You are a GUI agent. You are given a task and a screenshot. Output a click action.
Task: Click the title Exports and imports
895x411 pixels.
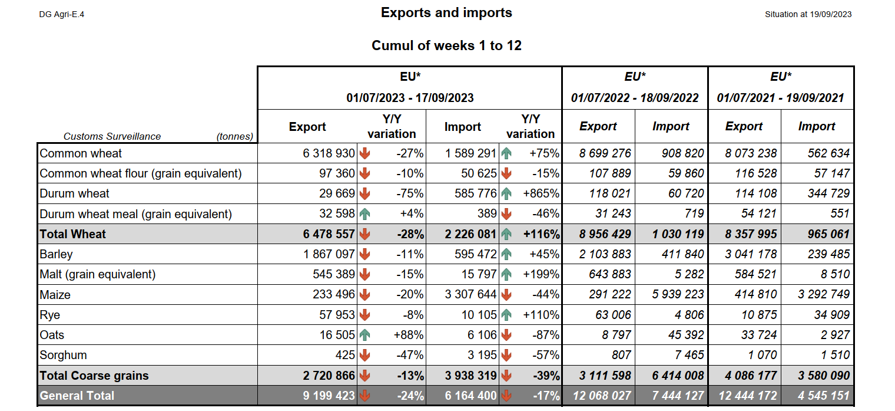[x=446, y=12]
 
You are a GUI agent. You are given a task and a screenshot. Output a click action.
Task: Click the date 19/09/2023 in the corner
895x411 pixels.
[x=830, y=14]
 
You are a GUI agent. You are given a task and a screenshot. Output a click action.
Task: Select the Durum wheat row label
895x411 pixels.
[x=74, y=193]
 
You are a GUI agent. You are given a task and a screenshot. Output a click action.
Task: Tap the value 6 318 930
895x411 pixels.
[x=329, y=153]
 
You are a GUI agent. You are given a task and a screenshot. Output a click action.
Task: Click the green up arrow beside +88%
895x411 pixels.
[x=364, y=335]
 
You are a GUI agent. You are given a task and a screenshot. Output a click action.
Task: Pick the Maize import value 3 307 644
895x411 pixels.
[x=471, y=294]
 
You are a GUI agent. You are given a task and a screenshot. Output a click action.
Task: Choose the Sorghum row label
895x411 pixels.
[x=63, y=355]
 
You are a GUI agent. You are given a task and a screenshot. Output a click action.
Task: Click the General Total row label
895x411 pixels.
[x=77, y=396]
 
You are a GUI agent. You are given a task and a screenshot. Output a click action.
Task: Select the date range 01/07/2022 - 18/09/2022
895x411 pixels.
[x=635, y=98]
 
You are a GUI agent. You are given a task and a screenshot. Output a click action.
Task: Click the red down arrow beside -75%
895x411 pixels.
[x=364, y=193]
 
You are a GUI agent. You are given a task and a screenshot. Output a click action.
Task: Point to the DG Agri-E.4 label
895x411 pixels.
[x=61, y=14]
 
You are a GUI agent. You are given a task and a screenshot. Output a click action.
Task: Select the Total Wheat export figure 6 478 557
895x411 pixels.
[x=329, y=234]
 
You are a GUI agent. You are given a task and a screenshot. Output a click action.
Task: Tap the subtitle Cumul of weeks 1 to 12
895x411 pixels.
[x=446, y=45]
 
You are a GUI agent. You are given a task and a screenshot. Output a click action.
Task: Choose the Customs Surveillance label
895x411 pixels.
[x=112, y=136]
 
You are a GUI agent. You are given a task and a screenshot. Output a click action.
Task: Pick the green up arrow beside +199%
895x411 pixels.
[x=506, y=274]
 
